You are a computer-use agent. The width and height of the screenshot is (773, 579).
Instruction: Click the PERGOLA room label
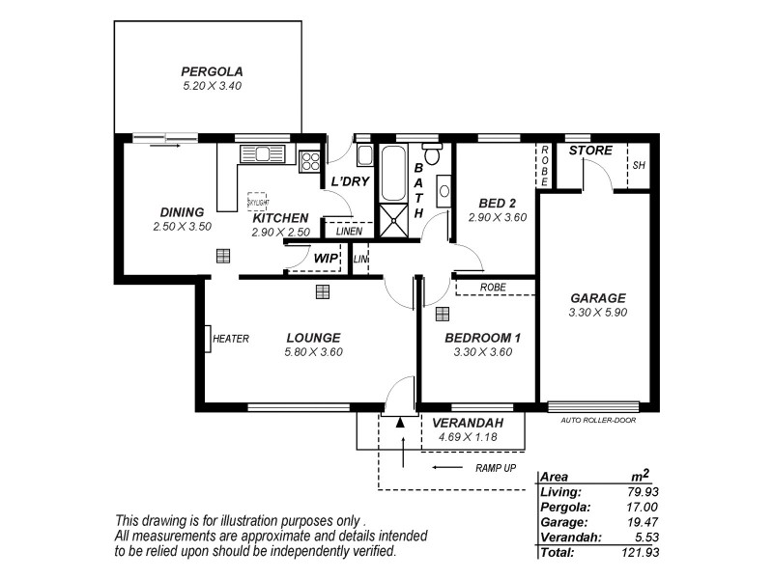(212, 71)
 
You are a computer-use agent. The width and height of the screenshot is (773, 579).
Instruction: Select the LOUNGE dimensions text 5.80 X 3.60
(313, 352)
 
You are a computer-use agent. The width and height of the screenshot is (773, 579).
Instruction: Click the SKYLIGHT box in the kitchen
(257, 200)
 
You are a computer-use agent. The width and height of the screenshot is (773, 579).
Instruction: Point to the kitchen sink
(261, 152)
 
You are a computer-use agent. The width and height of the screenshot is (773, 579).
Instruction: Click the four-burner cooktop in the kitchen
(309, 160)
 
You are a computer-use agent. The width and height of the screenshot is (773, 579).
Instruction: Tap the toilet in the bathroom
(432, 152)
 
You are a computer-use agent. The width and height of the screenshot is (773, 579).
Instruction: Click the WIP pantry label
(325, 258)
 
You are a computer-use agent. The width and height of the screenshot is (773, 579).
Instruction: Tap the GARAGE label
(597, 298)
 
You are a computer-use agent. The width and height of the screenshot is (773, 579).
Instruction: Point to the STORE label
(589, 151)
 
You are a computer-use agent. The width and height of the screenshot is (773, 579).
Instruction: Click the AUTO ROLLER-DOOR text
(597, 420)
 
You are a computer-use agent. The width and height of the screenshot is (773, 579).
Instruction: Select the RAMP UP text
(495, 468)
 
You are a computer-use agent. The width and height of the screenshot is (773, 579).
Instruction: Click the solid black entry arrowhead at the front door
(400, 422)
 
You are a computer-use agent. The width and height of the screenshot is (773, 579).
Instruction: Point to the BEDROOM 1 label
(482, 338)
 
